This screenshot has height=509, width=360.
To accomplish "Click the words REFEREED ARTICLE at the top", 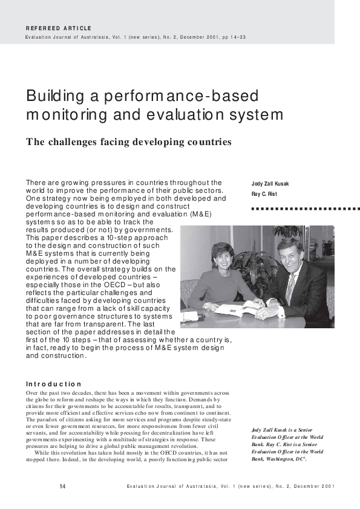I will point(59,28).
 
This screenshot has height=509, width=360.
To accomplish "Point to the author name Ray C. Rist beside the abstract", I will point(264,194).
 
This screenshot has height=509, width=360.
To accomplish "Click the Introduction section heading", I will point(53,384).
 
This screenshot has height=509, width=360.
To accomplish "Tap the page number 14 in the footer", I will point(62,487).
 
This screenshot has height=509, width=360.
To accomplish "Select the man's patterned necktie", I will point(290,287).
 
